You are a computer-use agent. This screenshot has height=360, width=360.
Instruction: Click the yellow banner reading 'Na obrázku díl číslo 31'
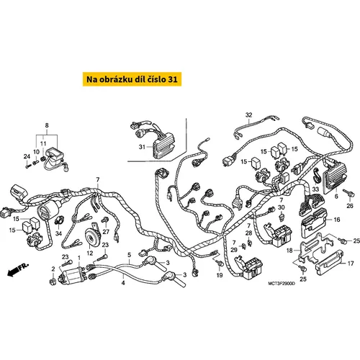[x=132, y=79]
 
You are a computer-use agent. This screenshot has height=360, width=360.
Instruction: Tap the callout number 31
[x=142, y=147]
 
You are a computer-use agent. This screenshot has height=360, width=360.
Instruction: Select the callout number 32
[x=249, y=115]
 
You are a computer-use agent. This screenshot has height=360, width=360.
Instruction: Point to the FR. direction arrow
[x=17, y=269]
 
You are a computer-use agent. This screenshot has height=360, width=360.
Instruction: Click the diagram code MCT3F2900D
[x=282, y=284]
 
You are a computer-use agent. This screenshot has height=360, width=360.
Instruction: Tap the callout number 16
[x=337, y=220]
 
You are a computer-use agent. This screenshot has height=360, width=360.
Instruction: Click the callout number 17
[x=351, y=264]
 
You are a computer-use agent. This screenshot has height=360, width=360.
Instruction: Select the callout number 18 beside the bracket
[x=289, y=251]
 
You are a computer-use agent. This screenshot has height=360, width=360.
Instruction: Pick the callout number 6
[x=336, y=197]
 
